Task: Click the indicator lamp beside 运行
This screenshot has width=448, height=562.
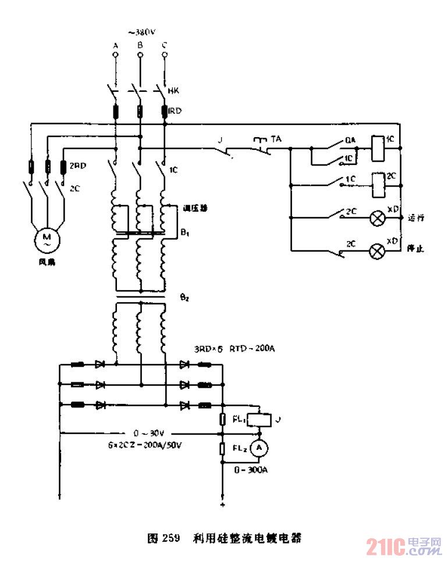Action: coord(379,219)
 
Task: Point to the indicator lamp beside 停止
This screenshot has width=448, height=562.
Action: coord(379,251)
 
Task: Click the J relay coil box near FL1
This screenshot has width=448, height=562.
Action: coord(257,419)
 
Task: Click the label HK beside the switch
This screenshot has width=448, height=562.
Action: coord(173,91)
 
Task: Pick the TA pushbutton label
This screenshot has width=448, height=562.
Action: coord(276,139)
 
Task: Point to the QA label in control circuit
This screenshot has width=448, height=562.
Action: coord(350,139)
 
